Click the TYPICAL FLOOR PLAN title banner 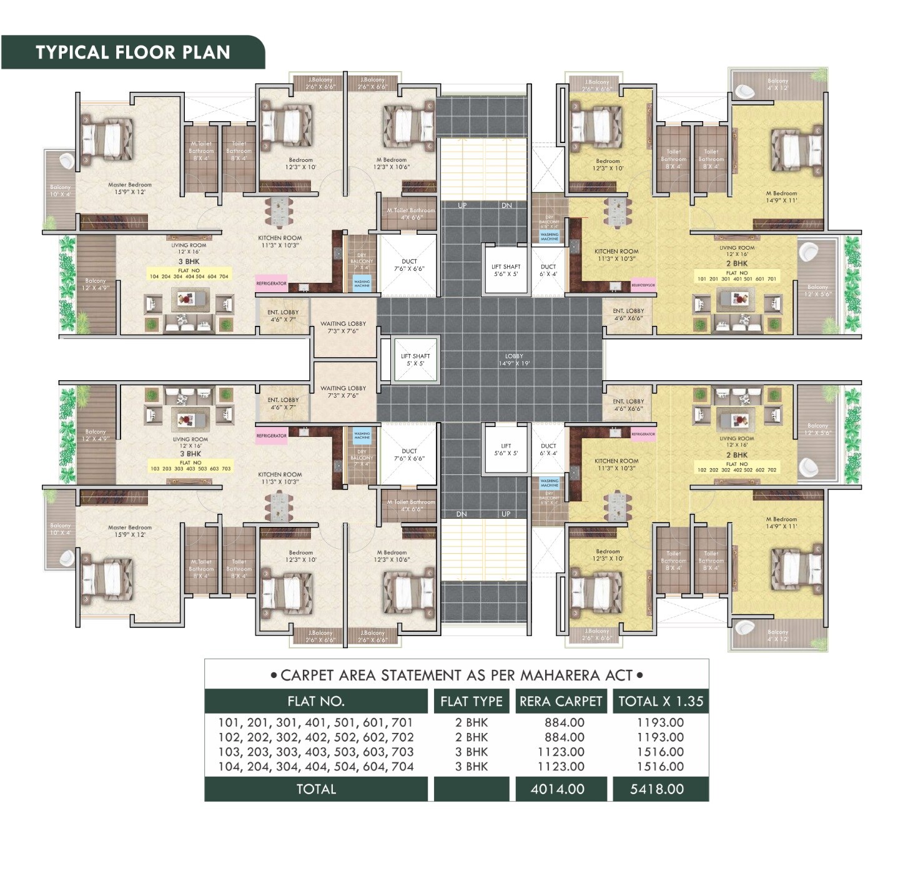click(x=132, y=52)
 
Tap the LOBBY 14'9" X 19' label click(x=514, y=360)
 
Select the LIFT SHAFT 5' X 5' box click(x=415, y=360)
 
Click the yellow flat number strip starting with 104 click(x=189, y=276)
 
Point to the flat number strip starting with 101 click(x=736, y=279)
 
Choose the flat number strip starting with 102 click(x=736, y=469)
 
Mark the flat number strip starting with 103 click(x=190, y=468)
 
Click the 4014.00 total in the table click(x=558, y=789)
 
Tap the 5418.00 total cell click(x=657, y=789)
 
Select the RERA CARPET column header click(x=560, y=701)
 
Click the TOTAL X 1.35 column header click(x=661, y=701)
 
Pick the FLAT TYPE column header click(x=471, y=701)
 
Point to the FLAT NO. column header click(x=316, y=701)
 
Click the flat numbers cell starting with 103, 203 click(x=316, y=752)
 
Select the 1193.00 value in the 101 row click(x=660, y=722)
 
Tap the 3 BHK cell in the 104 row click(x=471, y=767)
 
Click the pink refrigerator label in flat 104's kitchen click(x=271, y=283)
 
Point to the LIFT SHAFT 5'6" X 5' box click(x=506, y=270)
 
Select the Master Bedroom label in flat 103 click(x=130, y=531)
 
